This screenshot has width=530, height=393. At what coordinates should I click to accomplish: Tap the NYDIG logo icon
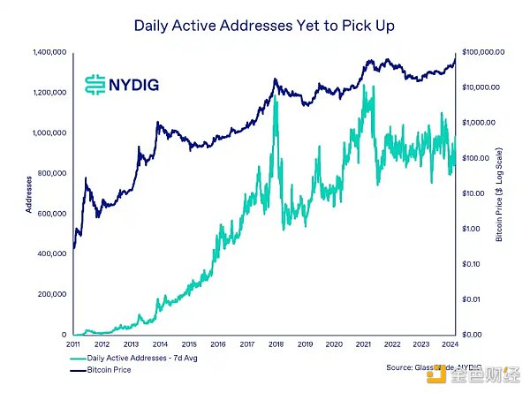click(95, 84)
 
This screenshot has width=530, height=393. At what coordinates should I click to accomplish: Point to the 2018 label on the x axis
click(276, 345)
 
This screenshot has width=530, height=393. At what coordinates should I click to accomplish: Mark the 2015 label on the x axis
click(188, 345)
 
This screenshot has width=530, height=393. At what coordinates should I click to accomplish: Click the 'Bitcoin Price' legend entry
click(111, 370)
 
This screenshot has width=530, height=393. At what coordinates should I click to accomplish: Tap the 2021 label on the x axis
click(363, 345)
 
